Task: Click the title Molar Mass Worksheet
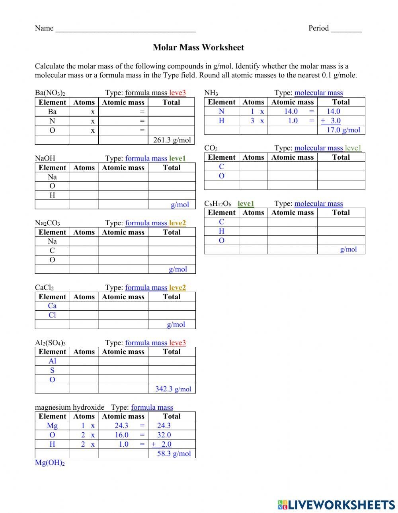[x=198, y=47]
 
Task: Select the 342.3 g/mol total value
[x=173, y=389]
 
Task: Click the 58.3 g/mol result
[x=174, y=453]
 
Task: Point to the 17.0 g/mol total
[x=343, y=130]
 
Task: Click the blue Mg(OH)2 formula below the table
[x=50, y=463]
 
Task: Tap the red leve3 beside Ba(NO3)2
[x=178, y=93]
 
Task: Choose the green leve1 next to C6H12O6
[x=246, y=203]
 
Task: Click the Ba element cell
[x=52, y=112]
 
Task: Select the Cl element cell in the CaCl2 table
[x=52, y=315]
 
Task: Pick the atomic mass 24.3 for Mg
[x=121, y=426]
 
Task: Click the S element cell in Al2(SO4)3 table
[x=52, y=370]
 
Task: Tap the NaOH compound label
[x=45, y=159]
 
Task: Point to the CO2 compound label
[x=211, y=148]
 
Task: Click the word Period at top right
[x=318, y=28]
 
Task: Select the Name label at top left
[x=44, y=28]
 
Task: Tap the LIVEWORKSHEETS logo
[x=336, y=505]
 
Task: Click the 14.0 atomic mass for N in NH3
[x=291, y=112]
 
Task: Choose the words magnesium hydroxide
[x=70, y=407]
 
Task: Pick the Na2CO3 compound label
[x=47, y=223]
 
